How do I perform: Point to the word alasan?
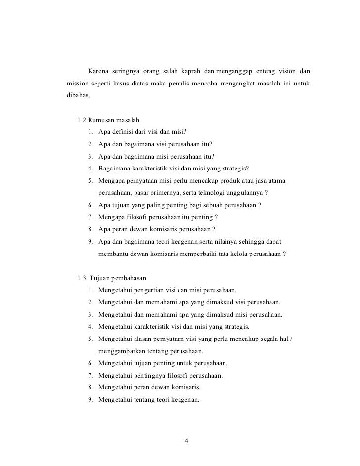(x=143, y=339)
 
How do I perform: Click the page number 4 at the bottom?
(x=186, y=441)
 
